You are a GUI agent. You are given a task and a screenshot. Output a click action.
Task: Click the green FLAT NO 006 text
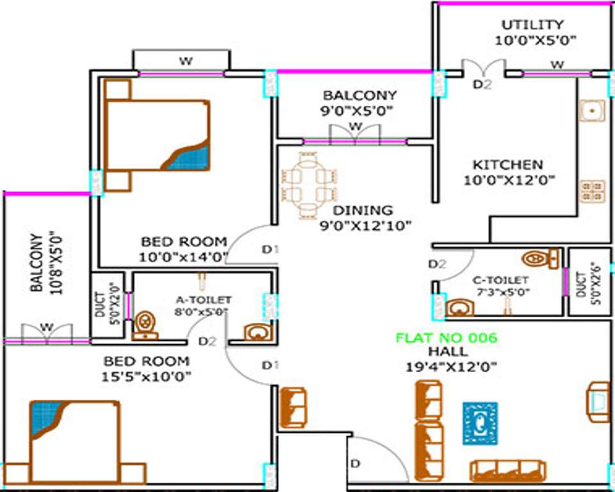446,338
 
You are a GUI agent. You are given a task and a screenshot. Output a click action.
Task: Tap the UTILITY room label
532,25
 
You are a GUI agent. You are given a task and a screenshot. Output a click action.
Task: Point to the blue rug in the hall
480,423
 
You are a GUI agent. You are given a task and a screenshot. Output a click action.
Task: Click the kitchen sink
592,110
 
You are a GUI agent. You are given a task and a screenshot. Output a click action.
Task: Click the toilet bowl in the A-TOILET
145,324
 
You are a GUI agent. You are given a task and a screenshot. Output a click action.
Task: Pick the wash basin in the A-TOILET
258,332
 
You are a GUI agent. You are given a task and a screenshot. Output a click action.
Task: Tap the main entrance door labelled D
378,458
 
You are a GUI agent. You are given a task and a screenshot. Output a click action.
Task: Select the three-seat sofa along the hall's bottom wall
507,471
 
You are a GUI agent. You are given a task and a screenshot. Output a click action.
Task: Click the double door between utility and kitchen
484,68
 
